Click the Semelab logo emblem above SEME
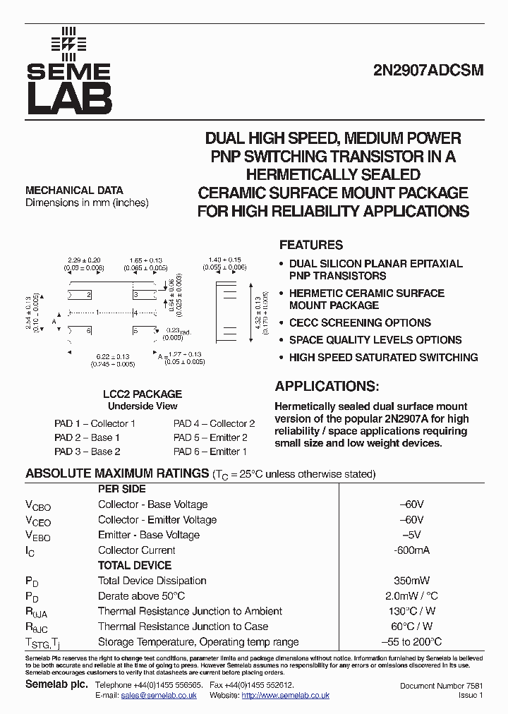point(68,43)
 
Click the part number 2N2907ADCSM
point(428,72)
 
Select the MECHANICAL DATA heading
point(74,190)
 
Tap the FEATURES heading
point(311,246)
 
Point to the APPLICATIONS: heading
point(327,387)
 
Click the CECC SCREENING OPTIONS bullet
point(360,323)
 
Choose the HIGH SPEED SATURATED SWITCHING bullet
point(383,357)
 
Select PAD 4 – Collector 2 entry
point(214,424)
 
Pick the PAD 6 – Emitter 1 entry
point(210,452)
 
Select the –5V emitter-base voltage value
point(412,535)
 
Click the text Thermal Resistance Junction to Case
point(183,627)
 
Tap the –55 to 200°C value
point(412,642)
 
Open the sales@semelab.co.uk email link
point(159,696)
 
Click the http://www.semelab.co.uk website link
point(285,696)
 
